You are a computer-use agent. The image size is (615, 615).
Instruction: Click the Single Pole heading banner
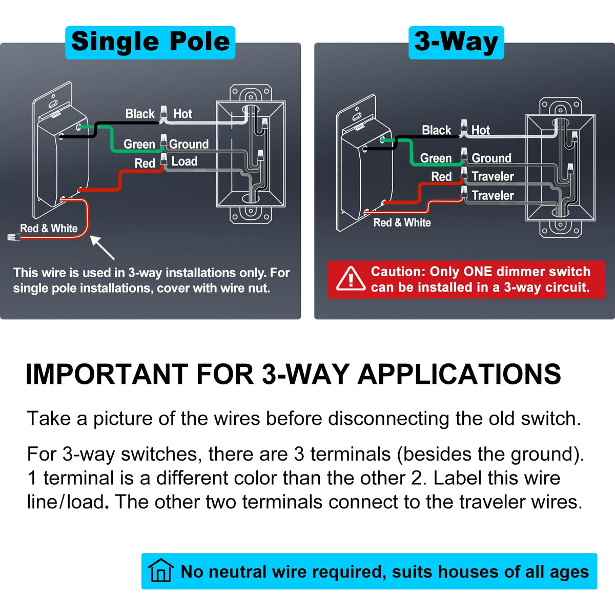click(150, 43)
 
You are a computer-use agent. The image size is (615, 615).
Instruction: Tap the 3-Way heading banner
click(456, 43)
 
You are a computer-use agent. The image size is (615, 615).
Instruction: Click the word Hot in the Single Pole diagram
click(182, 114)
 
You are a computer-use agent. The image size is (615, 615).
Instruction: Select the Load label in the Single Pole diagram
click(184, 161)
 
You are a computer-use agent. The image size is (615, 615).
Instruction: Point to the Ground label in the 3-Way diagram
click(491, 158)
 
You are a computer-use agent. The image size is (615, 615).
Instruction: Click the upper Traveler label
click(493, 176)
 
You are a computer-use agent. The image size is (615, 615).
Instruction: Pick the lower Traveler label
click(493, 195)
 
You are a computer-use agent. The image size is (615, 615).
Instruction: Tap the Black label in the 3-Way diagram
click(436, 130)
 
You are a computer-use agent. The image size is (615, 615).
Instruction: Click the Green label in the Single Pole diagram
click(139, 144)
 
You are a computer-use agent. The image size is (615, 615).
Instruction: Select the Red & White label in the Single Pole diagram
click(49, 228)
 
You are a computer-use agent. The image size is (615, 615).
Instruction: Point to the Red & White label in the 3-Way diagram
click(402, 222)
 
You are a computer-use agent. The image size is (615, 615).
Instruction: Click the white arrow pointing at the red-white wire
click(102, 248)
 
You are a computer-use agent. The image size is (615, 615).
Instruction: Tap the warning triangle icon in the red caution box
click(351, 278)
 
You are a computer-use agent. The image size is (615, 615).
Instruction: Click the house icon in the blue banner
click(161, 570)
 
